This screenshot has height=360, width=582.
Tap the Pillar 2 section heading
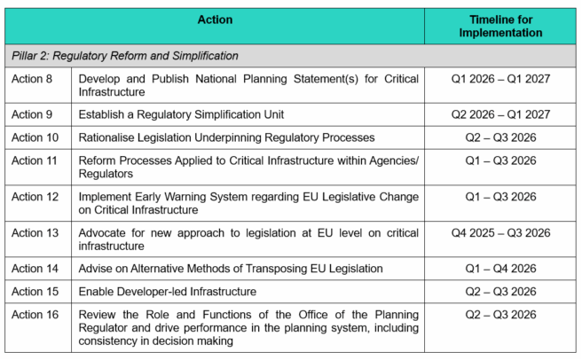tap(125, 55)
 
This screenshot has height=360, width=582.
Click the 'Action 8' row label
tap(32, 79)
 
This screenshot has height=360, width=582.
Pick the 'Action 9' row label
tap(32, 114)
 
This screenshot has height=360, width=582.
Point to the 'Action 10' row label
tap(35, 137)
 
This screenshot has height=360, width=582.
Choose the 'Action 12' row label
tap(35, 196)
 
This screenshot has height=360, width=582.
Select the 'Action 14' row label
tap(35, 268)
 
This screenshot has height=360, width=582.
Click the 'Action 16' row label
tap(35, 314)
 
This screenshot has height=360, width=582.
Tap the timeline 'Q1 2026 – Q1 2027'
tap(500, 79)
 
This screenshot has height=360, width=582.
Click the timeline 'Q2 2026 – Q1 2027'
tap(500, 114)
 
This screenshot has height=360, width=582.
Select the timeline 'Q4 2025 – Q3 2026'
tap(500, 232)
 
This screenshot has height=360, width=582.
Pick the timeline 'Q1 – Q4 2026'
tap(500, 268)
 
